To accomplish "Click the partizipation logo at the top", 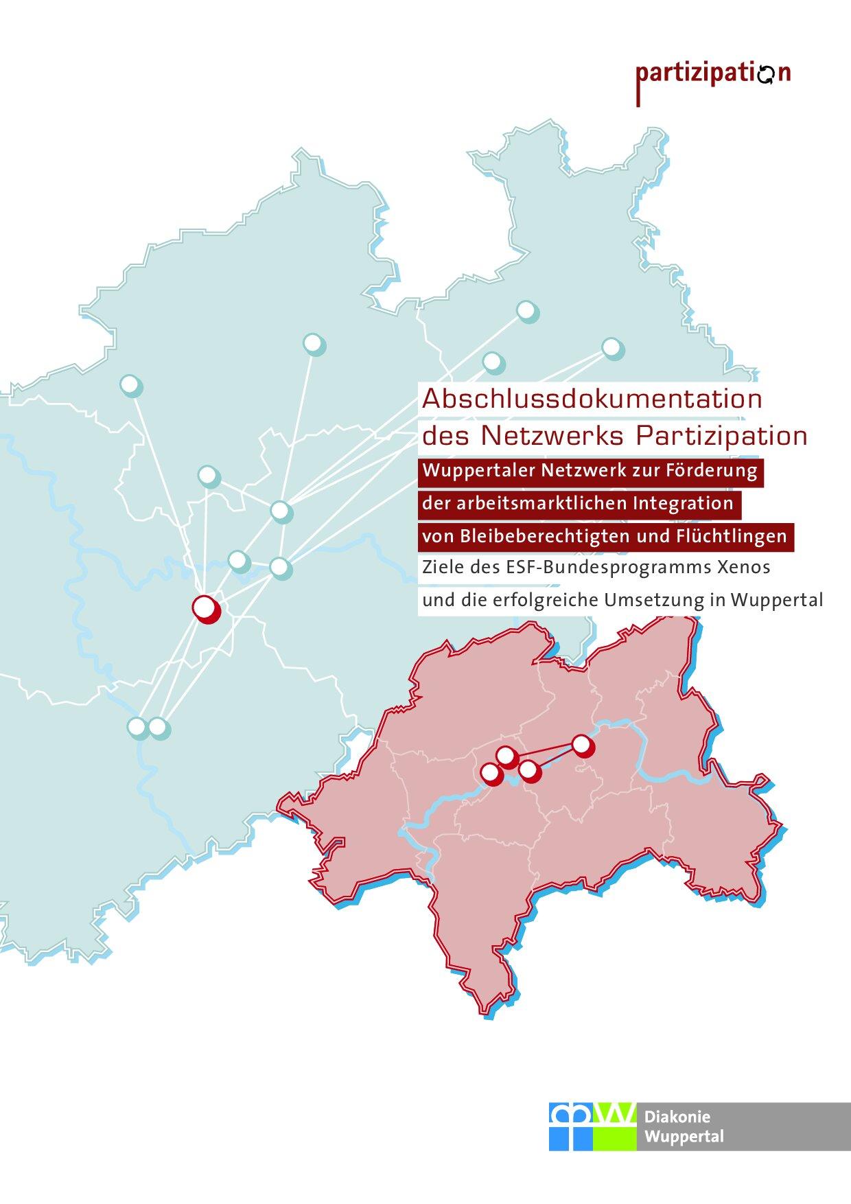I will pos(713,74).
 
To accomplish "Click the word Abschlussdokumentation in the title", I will pos(592,400).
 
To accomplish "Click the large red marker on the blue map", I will pos(205,608).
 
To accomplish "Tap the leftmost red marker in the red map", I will pos(491,774).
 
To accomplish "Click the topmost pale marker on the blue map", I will pos(526,311).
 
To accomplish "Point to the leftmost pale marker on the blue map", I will pos(130,385).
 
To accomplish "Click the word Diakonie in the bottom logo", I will pos(668,1118).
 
